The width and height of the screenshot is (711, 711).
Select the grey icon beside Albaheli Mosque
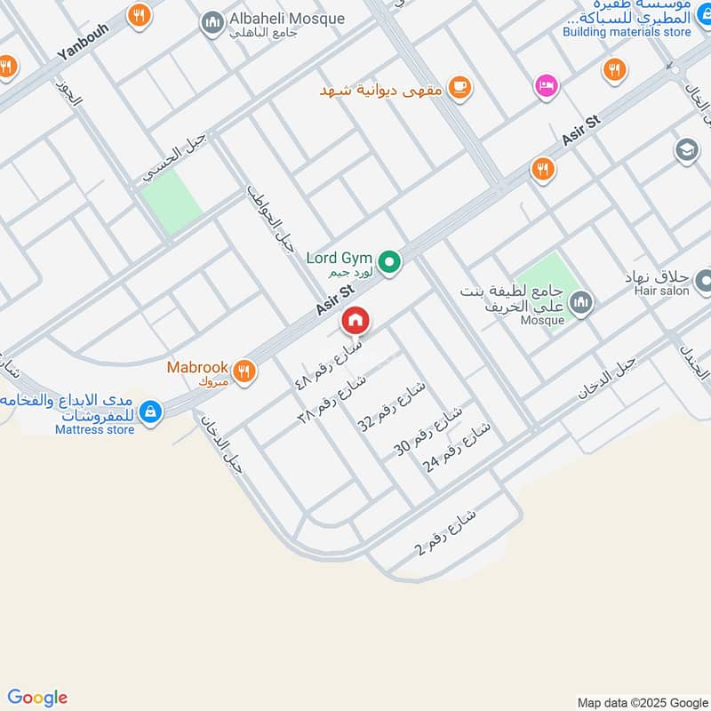pyautogui.click(x=212, y=22)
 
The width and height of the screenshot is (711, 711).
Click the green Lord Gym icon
pyautogui.click(x=388, y=262)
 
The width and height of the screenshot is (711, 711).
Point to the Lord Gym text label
pyautogui.click(x=339, y=259)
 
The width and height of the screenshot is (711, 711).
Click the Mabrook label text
pyautogui.click(x=197, y=367)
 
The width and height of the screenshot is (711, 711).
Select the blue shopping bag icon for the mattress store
pyautogui.click(x=151, y=411)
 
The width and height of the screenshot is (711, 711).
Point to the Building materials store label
pyautogui.click(x=627, y=32)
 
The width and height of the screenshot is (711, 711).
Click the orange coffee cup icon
pyautogui.click(x=459, y=86)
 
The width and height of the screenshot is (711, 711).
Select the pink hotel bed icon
pyautogui.click(x=546, y=86)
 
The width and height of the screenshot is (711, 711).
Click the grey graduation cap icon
pyautogui.click(x=686, y=149)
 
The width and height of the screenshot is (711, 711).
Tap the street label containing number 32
pyautogui.click(x=391, y=405)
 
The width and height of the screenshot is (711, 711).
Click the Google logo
pyautogui.click(x=37, y=698)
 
